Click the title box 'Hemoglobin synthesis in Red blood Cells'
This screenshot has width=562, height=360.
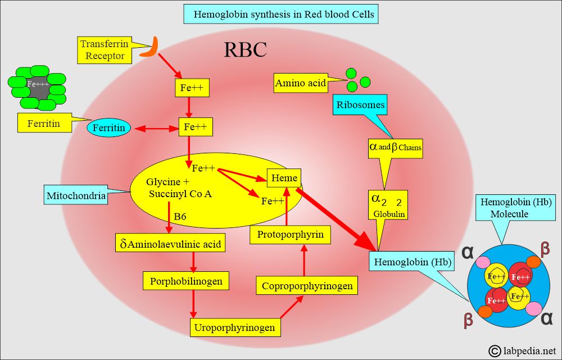click(x=281, y=14)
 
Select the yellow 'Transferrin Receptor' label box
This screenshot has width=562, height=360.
click(x=105, y=49)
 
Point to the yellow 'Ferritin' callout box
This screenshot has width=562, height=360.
click(x=44, y=124)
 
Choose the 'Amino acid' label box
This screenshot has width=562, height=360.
click(x=301, y=84)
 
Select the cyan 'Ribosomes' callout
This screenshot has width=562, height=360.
click(x=360, y=104)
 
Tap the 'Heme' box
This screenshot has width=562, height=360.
click(x=284, y=178)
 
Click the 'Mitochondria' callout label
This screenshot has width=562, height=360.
click(x=76, y=197)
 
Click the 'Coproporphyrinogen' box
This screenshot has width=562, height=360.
click(x=307, y=286)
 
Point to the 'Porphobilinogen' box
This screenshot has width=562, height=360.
click(x=186, y=280)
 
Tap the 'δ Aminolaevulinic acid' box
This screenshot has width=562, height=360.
click(x=170, y=244)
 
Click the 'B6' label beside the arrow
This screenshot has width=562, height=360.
click(x=180, y=216)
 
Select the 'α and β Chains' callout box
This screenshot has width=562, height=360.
click(x=395, y=147)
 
